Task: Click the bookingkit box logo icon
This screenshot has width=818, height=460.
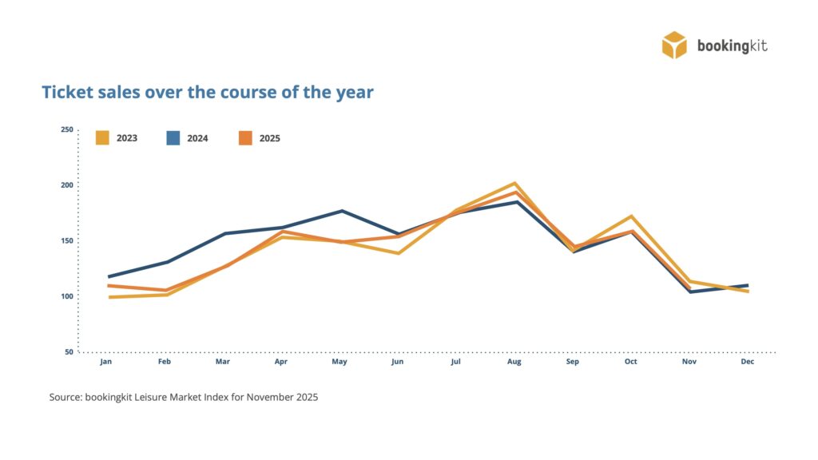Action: pyautogui.click(x=674, y=45)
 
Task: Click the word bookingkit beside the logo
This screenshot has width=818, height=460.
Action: pyautogui.click(x=732, y=46)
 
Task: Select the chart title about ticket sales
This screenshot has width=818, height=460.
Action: pyautogui.click(x=207, y=92)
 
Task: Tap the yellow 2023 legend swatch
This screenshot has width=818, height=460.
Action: pyautogui.click(x=102, y=137)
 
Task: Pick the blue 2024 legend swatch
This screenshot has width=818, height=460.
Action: pyautogui.click(x=173, y=137)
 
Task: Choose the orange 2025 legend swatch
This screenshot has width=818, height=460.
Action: pyautogui.click(x=245, y=137)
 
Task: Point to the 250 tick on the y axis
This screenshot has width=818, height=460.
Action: pyautogui.click(x=66, y=129)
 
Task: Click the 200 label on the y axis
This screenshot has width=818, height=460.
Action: pyautogui.click(x=66, y=185)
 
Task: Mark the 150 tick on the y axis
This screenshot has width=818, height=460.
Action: pyautogui.click(x=66, y=240)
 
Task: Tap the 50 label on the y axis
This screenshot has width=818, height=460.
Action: pyautogui.click(x=68, y=351)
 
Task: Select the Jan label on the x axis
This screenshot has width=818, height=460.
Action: pyautogui.click(x=105, y=362)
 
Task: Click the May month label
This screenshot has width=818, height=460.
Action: pyautogui.click(x=340, y=362)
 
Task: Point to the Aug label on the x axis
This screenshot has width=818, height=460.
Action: pyautogui.click(x=514, y=362)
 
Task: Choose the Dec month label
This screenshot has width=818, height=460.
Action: pyautogui.click(x=748, y=362)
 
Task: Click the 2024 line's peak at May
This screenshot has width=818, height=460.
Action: pyautogui.click(x=342, y=211)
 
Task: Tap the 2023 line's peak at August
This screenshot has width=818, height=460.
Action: pyautogui.click(x=515, y=184)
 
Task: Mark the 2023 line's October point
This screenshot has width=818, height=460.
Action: pyautogui.click(x=631, y=216)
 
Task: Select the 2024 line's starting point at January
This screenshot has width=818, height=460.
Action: pyautogui.click(x=109, y=276)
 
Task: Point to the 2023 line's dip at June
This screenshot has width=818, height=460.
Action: pyautogui.click(x=398, y=253)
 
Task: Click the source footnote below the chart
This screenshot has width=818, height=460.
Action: pyautogui.click(x=184, y=397)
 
